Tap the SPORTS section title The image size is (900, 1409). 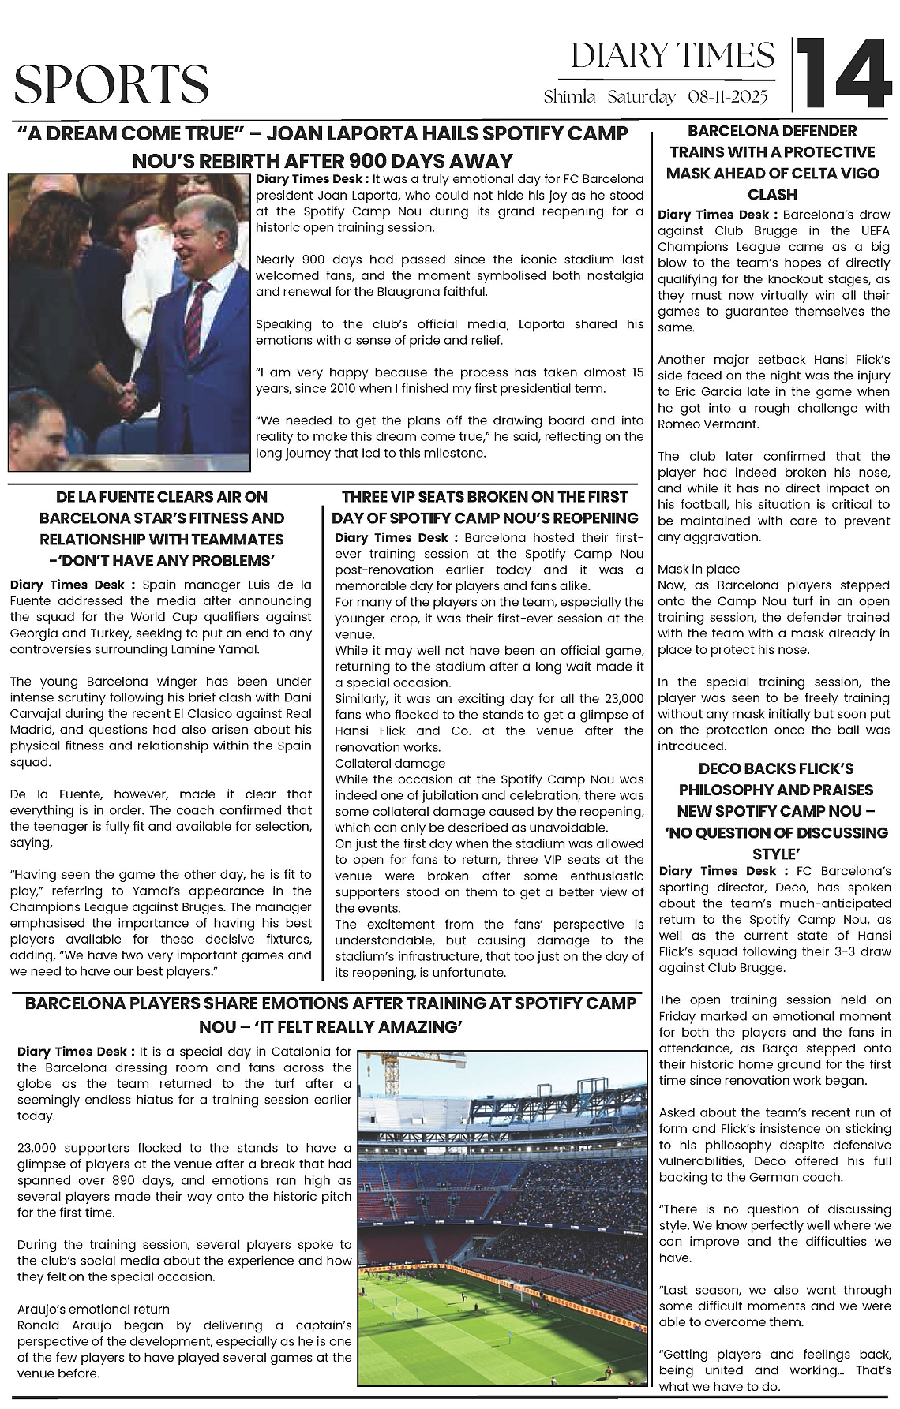point(111,84)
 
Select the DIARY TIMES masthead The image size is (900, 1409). point(673,56)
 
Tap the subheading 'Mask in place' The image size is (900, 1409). point(699,569)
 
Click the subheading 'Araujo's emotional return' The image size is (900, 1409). point(93,1309)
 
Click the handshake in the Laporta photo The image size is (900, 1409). point(128,392)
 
